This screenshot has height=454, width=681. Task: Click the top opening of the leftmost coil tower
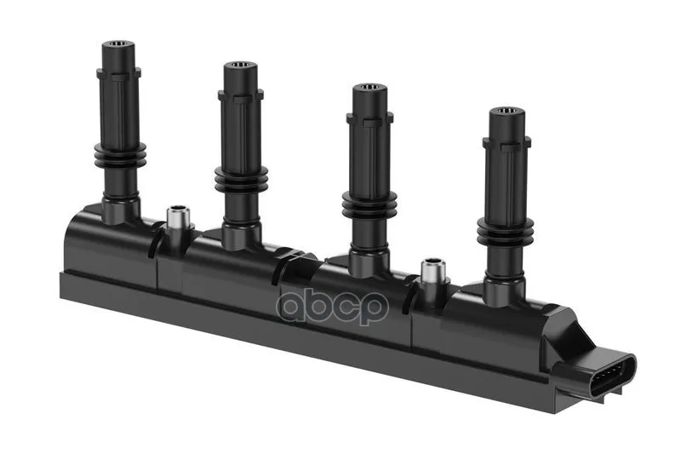coord(118,44)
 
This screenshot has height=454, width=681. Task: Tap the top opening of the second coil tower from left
coord(241,66)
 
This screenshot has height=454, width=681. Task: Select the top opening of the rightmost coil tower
coord(506,111)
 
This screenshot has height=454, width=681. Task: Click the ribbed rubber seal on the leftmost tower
coord(120,156)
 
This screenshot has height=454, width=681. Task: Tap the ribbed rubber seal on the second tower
coord(242,178)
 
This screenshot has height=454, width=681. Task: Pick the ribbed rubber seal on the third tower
coord(369,204)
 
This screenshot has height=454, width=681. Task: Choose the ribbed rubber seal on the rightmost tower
coord(505,231)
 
